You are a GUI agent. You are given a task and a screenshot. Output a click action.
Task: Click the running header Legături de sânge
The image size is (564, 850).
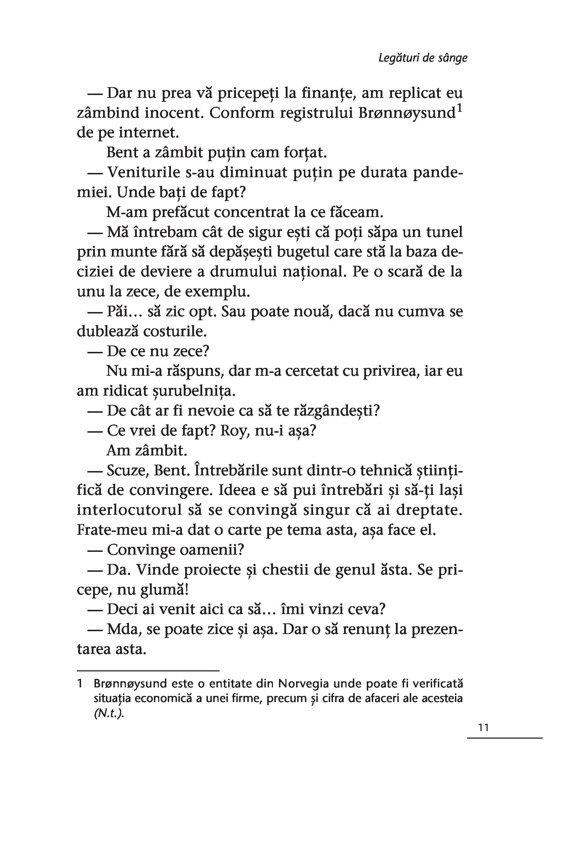click(423, 58)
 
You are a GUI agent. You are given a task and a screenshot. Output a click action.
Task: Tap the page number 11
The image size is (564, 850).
click(484, 728)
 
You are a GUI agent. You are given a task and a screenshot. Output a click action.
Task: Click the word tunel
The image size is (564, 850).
click(444, 232)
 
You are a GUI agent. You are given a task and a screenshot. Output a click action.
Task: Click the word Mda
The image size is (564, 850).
click(123, 629)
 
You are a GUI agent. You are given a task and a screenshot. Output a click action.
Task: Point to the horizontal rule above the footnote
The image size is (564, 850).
click(148, 671)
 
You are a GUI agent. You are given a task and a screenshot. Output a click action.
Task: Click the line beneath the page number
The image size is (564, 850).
click(504, 738)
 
